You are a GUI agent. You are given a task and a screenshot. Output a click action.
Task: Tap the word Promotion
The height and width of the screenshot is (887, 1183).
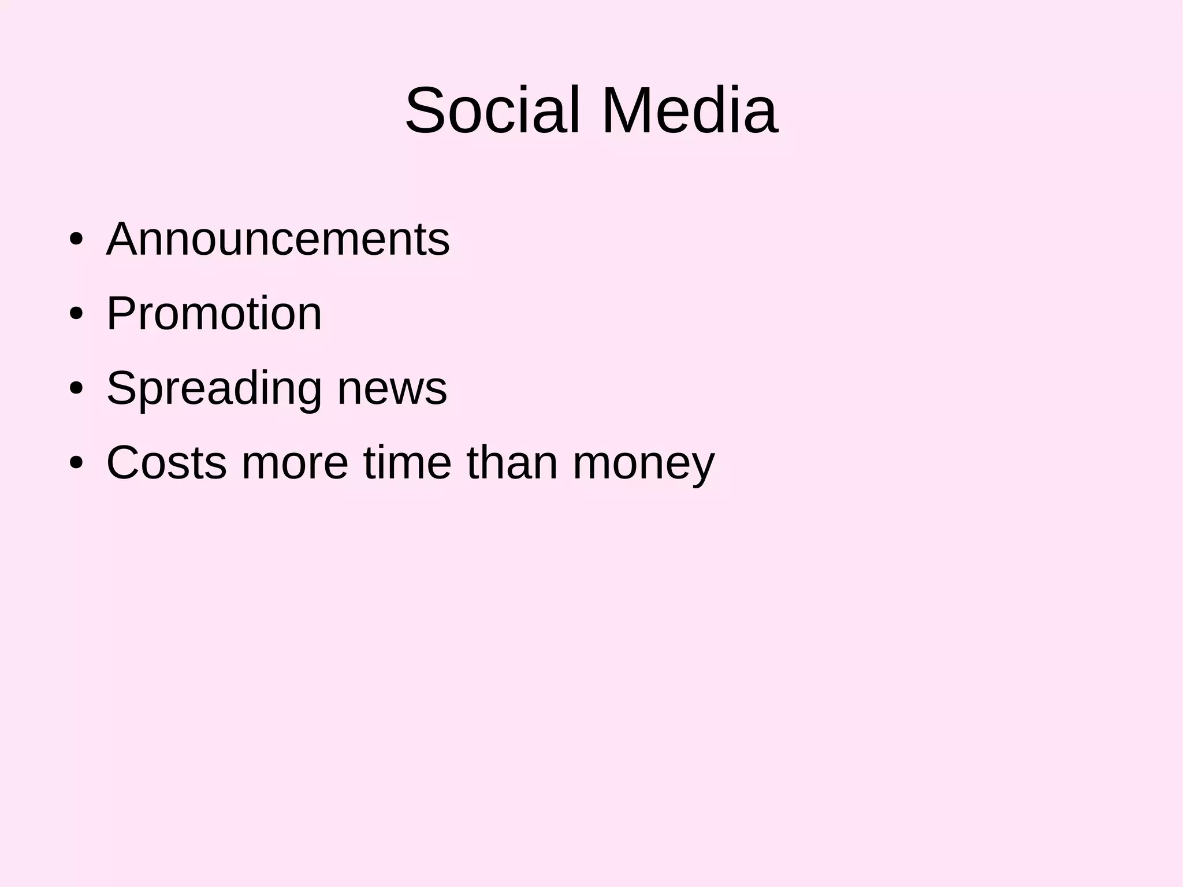click(214, 313)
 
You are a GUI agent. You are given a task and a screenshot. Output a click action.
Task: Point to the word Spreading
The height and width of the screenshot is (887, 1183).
click(214, 388)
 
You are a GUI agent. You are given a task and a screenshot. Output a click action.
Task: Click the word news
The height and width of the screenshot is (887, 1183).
click(392, 388)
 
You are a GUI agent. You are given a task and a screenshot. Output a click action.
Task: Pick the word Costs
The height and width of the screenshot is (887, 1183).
click(166, 462)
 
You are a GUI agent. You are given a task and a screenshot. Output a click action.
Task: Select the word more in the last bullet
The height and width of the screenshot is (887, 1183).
click(295, 462)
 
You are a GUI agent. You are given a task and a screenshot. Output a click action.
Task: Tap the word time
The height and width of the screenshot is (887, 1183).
click(407, 462)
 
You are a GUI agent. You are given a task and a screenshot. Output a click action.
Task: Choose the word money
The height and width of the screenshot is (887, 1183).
click(643, 463)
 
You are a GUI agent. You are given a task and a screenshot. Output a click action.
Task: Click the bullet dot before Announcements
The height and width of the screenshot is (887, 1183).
click(76, 239)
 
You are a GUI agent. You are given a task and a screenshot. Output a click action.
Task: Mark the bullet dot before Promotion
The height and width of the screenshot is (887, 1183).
click(76, 314)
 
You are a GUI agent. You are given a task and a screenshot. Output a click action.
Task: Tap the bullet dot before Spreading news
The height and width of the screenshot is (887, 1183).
click(76, 388)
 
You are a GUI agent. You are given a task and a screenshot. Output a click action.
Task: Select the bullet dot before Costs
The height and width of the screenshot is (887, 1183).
click(76, 463)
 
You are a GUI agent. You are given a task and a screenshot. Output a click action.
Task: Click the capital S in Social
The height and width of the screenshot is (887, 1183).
click(426, 110)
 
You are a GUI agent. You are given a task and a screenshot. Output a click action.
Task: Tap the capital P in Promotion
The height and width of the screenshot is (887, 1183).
click(122, 313)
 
